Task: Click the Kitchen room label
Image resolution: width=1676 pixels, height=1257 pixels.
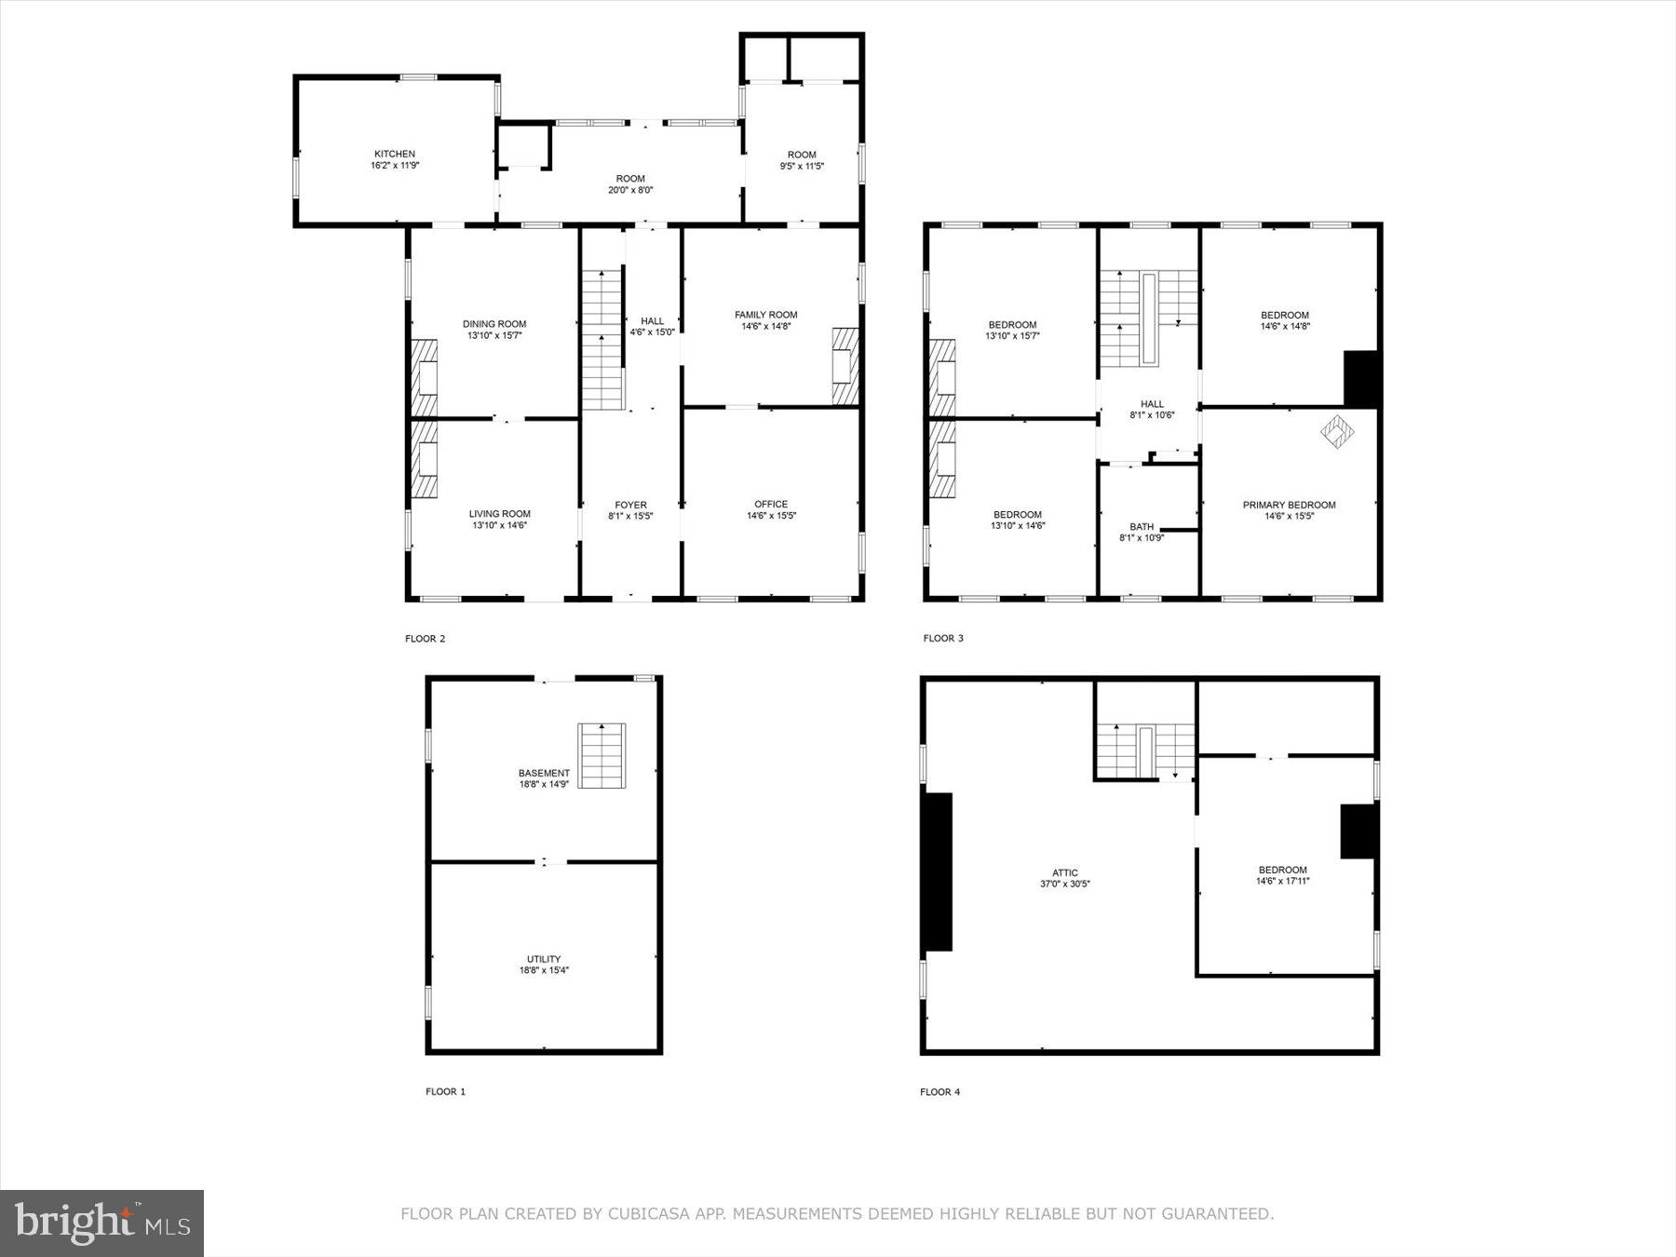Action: point(395,155)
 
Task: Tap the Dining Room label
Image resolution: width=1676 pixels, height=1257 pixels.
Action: point(494,325)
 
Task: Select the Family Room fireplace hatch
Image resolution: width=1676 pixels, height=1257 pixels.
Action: point(845,366)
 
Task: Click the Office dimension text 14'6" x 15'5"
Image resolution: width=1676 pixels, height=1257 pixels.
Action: point(771,516)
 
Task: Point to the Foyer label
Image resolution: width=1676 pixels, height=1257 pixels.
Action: point(630,506)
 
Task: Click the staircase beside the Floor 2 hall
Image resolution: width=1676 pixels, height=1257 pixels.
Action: point(602,340)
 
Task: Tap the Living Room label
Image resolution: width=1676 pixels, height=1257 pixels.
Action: point(499,514)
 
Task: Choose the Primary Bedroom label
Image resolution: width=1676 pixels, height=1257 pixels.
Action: point(1289,506)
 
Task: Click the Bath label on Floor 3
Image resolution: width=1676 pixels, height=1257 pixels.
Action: point(1142,527)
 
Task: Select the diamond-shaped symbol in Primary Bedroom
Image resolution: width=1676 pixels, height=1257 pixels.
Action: point(1338,431)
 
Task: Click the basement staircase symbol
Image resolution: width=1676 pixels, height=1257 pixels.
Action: point(601,755)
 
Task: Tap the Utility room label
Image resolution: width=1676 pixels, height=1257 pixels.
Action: point(544,959)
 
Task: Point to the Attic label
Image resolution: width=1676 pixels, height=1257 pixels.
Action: point(1065,873)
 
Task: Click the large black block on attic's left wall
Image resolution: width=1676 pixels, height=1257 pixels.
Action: point(938,872)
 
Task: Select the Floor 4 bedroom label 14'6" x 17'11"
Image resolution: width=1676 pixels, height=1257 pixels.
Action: point(1282,881)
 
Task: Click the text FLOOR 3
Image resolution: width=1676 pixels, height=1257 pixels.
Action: point(943,639)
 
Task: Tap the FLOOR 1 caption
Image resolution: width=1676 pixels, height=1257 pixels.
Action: point(445,1091)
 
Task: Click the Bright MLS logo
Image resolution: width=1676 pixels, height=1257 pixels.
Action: point(101,1223)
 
